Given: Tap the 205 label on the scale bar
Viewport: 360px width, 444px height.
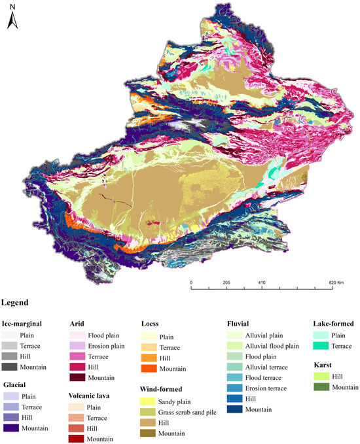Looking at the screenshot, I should (x=226, y=283).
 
